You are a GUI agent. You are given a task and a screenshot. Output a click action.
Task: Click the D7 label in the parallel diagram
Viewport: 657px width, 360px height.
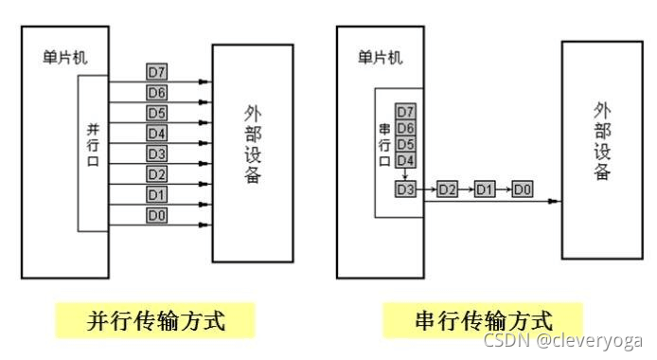click(x=157, y=72)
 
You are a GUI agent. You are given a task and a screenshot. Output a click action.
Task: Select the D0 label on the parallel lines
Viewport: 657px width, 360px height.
click(x=157, y=216)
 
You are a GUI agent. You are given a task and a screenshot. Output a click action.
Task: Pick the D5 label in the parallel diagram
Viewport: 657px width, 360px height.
click(x=157, y=113)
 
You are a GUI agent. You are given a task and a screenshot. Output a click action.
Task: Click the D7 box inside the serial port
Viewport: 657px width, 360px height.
click(x=405, y=112)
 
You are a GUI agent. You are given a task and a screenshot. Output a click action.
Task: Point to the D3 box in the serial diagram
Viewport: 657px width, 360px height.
click(x=405, y=190)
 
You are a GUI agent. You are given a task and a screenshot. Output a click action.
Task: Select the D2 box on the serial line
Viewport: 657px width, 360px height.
click(x=448, y=190)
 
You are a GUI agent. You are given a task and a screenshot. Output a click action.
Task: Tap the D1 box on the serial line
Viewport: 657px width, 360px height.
click(x=485, y=190)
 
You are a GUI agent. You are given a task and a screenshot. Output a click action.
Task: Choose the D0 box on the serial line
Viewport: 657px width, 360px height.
click(x=522, y=190)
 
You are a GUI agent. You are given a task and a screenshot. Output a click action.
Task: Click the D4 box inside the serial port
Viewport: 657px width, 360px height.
click(x=405, y=160)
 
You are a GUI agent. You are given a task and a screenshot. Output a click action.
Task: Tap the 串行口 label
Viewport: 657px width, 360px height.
click(x=384, y=142)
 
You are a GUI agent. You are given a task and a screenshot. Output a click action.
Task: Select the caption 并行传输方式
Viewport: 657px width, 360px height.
click(x=156, y=319)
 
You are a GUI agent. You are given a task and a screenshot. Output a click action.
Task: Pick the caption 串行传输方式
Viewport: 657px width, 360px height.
click(x=483, y=319)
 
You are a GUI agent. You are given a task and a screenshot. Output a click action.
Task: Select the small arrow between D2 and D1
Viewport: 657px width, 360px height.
click(x=467, y=190)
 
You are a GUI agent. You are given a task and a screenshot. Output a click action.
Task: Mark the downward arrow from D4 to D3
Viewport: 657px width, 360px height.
click(x=405, y=174)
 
